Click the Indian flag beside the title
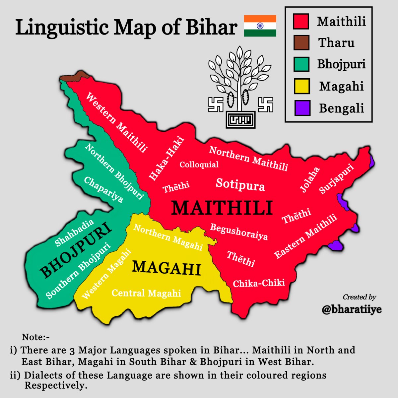pyautogui.click(x=260, y=26)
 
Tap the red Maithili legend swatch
pyautogui.click(x=301, y=21)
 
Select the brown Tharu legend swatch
pyautogui.click(x=301, y=43)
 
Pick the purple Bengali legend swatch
pyautogui.click(x=301, y=108)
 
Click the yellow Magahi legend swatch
pyautogui.click(x=301, y=86)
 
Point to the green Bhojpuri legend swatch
pyautogui.click(x=301, y=64)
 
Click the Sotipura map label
pyautogui.click(x=240, y=184)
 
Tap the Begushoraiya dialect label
pyautogui.click(x=239, y=232)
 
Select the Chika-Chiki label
pyautogui.click(x=259, y=283)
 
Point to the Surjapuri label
pyautogui.click(x=336, y=178)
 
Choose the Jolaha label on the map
pyautogui.click(x=310, y=179)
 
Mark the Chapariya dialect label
pyautogui.click(x=103, y=189)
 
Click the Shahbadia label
pyautogui.click(x=75, y=233)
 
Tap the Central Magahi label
pyautogui.click(x=146, y=293)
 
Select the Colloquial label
pyautogui.click(x=199, y=165)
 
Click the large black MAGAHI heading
pyautogui.click(x=166, y=268)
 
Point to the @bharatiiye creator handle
pyautogui.click(x=352, y=309)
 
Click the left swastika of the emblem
pyautogui.click(x=216, y=104)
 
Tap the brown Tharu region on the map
pyautogui.click(x=77, y=77)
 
